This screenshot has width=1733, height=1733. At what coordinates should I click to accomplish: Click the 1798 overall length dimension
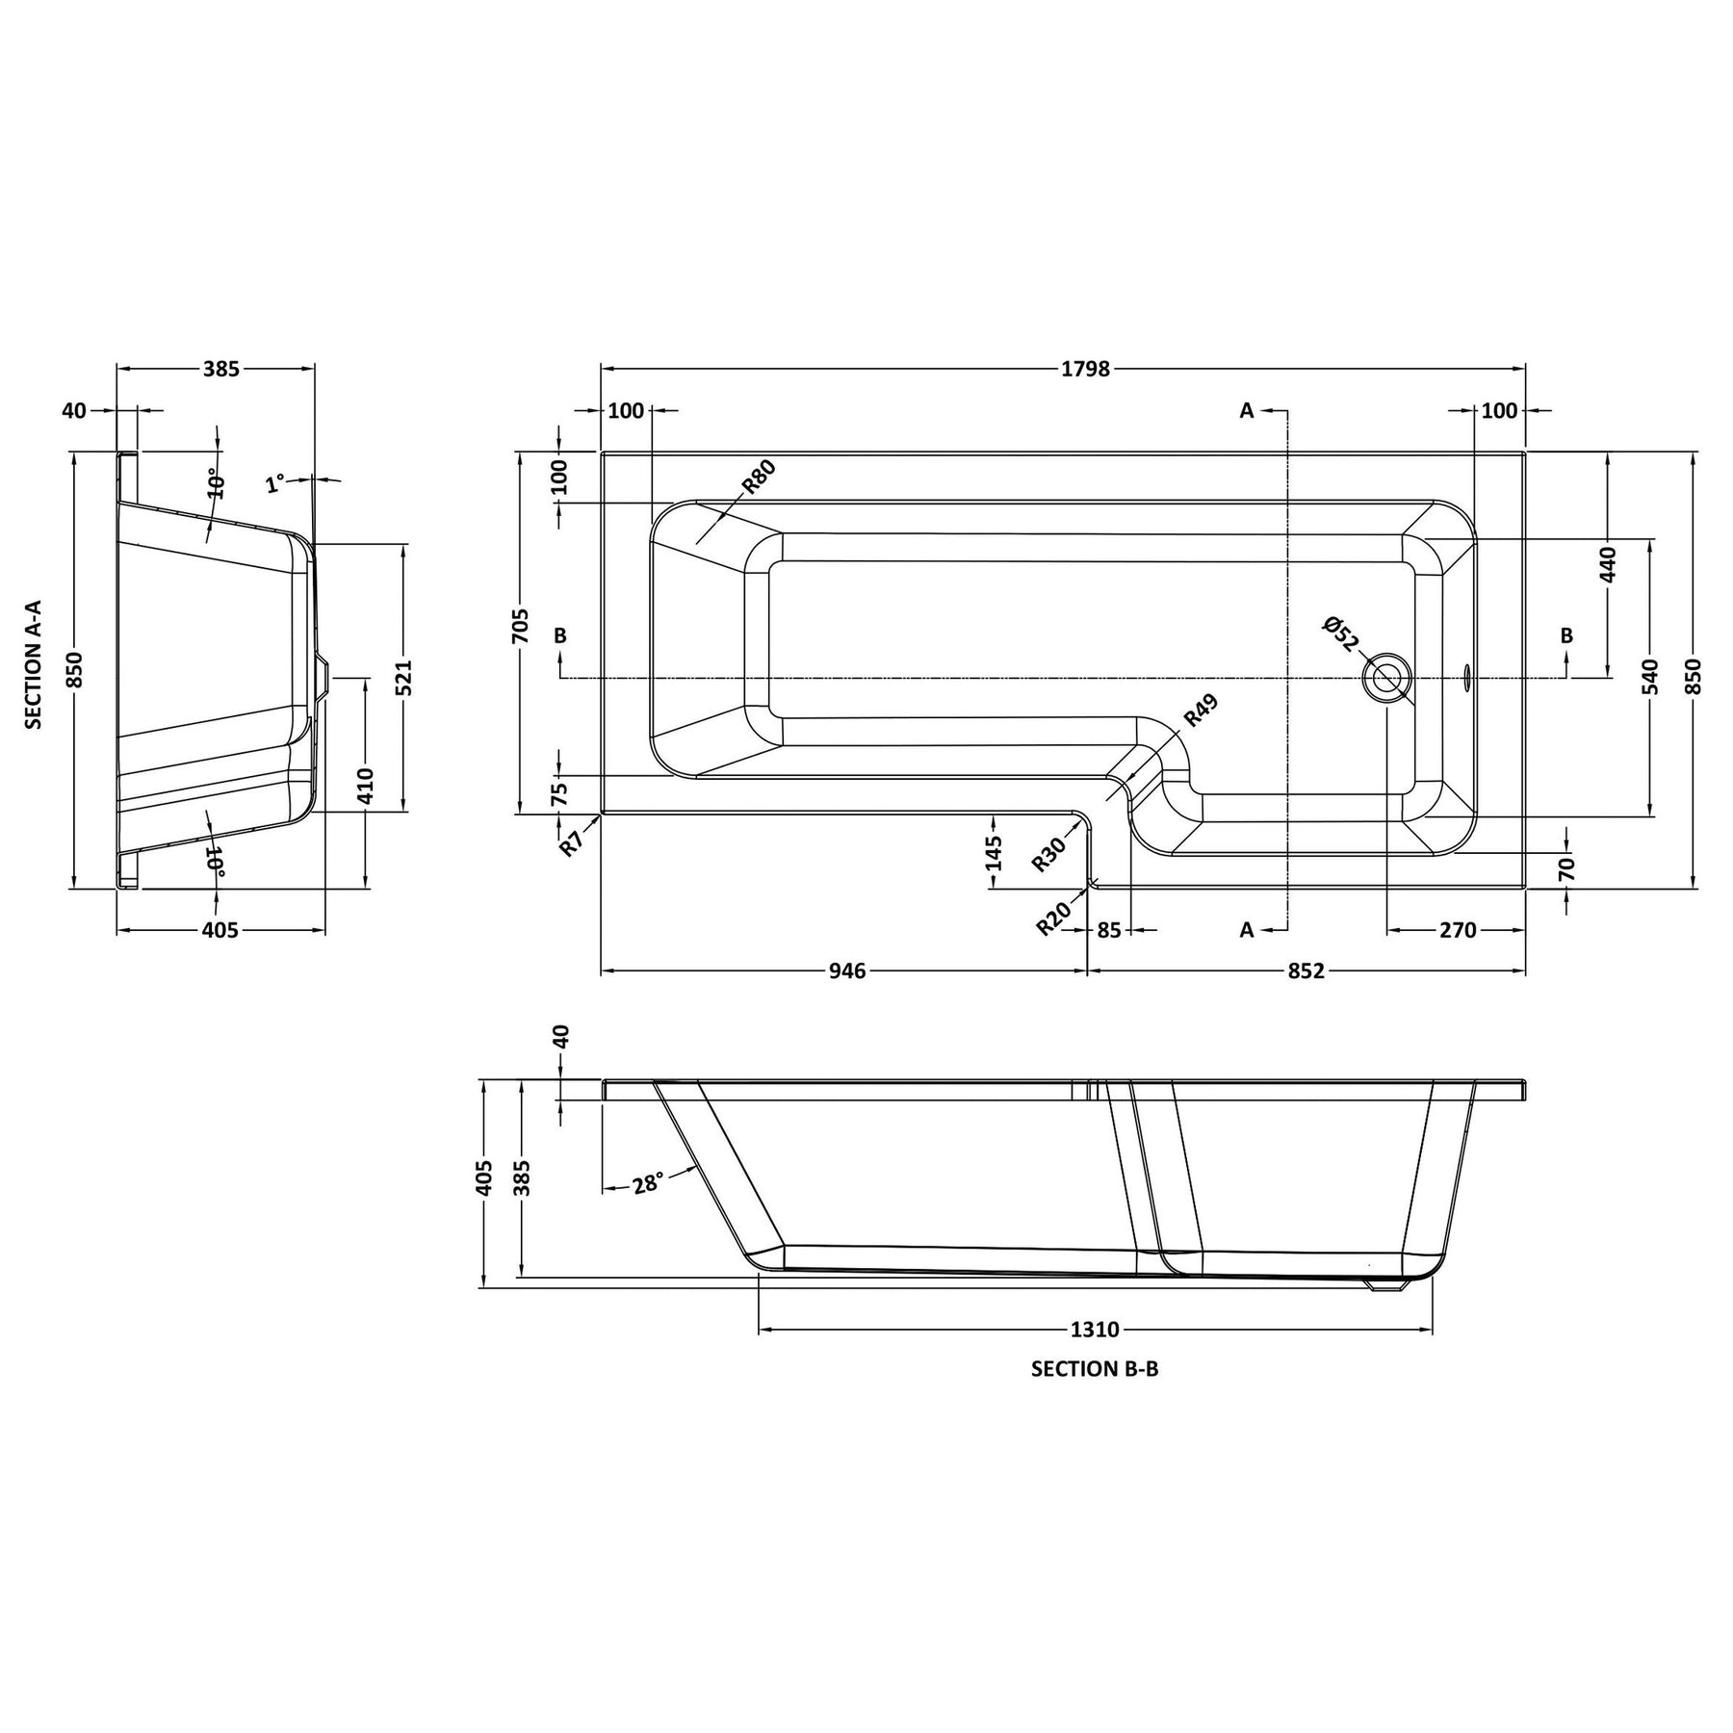1085,369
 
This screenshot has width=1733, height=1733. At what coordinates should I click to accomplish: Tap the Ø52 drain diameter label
1341,634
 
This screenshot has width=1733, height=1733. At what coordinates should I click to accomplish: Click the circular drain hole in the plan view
1386,678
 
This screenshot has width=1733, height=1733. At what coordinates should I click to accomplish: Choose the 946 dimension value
848,970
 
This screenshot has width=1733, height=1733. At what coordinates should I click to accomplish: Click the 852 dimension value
1306,970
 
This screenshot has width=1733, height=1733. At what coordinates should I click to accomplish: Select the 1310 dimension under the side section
1095,1330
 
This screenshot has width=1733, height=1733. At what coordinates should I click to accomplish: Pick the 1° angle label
276,482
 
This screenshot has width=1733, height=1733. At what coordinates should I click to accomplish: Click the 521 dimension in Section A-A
403,678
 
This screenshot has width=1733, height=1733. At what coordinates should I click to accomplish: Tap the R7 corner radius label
572,844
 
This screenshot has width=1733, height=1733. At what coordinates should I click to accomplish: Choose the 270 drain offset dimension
1458,930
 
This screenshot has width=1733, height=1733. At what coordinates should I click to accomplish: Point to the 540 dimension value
1650,677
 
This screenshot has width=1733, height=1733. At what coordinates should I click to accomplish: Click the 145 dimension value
995,853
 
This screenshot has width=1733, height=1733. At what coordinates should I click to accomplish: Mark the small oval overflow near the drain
1467,678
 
